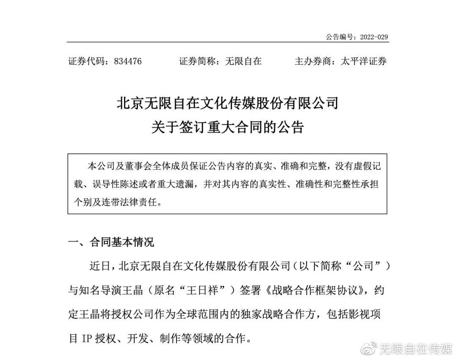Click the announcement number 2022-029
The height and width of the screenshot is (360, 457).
(374, 37)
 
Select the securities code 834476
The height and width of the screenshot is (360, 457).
(127, 61)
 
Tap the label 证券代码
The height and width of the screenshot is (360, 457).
(88, 61)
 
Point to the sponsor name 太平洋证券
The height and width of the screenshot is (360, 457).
(363, 61)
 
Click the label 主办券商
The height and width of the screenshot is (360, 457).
(314, 61)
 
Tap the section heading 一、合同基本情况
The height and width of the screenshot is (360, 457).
(111, 242)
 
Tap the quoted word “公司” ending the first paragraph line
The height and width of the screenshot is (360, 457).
(368, 267)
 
